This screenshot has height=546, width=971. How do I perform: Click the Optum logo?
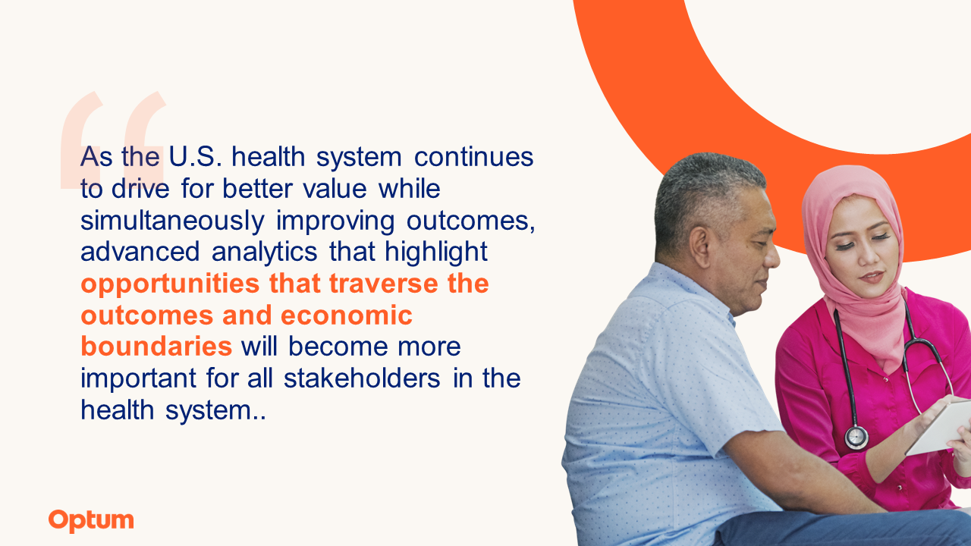(x=91, y=521)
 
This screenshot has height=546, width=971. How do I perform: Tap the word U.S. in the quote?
(x=195, y=156)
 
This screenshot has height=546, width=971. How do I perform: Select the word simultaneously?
(x=172, y=221)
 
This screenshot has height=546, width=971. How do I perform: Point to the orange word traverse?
(x=384, y=284)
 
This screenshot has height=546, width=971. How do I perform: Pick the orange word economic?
(x=347, y=315)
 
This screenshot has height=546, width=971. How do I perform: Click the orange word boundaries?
(x=156, y=347)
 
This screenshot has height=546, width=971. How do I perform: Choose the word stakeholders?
(x=362, y=378)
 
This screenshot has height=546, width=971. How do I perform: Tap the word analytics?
(x=265, y=253)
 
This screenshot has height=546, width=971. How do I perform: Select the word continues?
(x=474, y=156)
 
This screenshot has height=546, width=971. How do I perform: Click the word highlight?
(x=436, y=253)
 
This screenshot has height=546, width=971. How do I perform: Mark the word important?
(x=138, y=379)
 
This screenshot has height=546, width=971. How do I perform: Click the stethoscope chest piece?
(x=856, y=438)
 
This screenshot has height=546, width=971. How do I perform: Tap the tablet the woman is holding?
(x=941, y=428)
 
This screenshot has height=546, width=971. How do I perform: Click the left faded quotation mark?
(x=81, y=140)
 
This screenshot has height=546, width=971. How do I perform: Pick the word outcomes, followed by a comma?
(x=470, y=221)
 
